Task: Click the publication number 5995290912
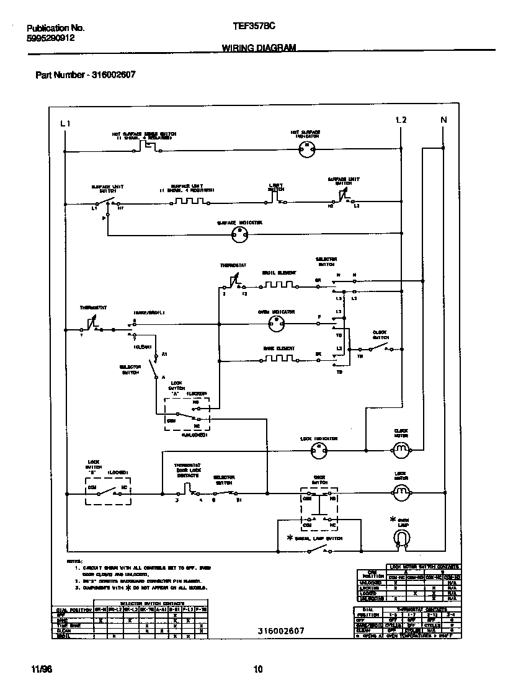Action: tap(51, 38)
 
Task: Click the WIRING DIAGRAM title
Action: tap(259, 48)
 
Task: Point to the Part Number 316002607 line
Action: tap(86, 75)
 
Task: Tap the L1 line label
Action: tap(65, 123)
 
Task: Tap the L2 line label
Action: tap(401, 120)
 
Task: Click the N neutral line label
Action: tap(443, 120)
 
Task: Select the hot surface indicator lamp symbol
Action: tap(305, 147)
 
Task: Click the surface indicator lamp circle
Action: tap(239, 234)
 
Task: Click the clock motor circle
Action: tap(401, 448)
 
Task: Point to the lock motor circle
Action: tap(401, 493)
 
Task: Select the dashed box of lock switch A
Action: tap(187, 414)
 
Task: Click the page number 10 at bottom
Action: tap(259, 669)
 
